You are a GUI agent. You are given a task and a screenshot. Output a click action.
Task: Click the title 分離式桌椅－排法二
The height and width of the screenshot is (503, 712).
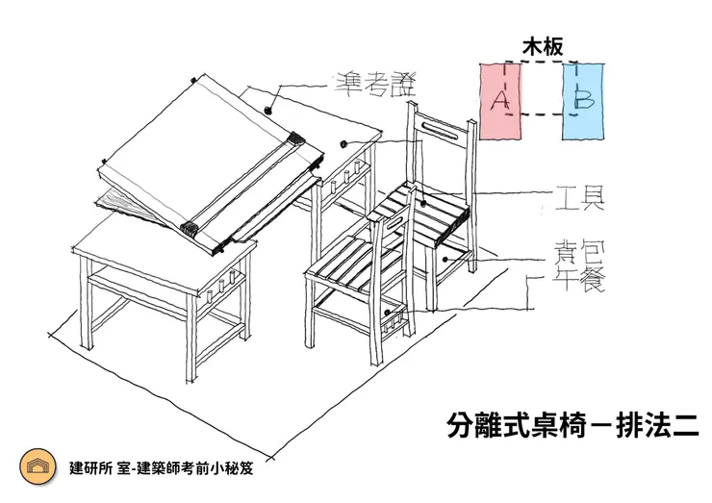572,424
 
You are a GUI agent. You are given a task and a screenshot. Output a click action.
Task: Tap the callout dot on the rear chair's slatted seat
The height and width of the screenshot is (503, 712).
422,203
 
